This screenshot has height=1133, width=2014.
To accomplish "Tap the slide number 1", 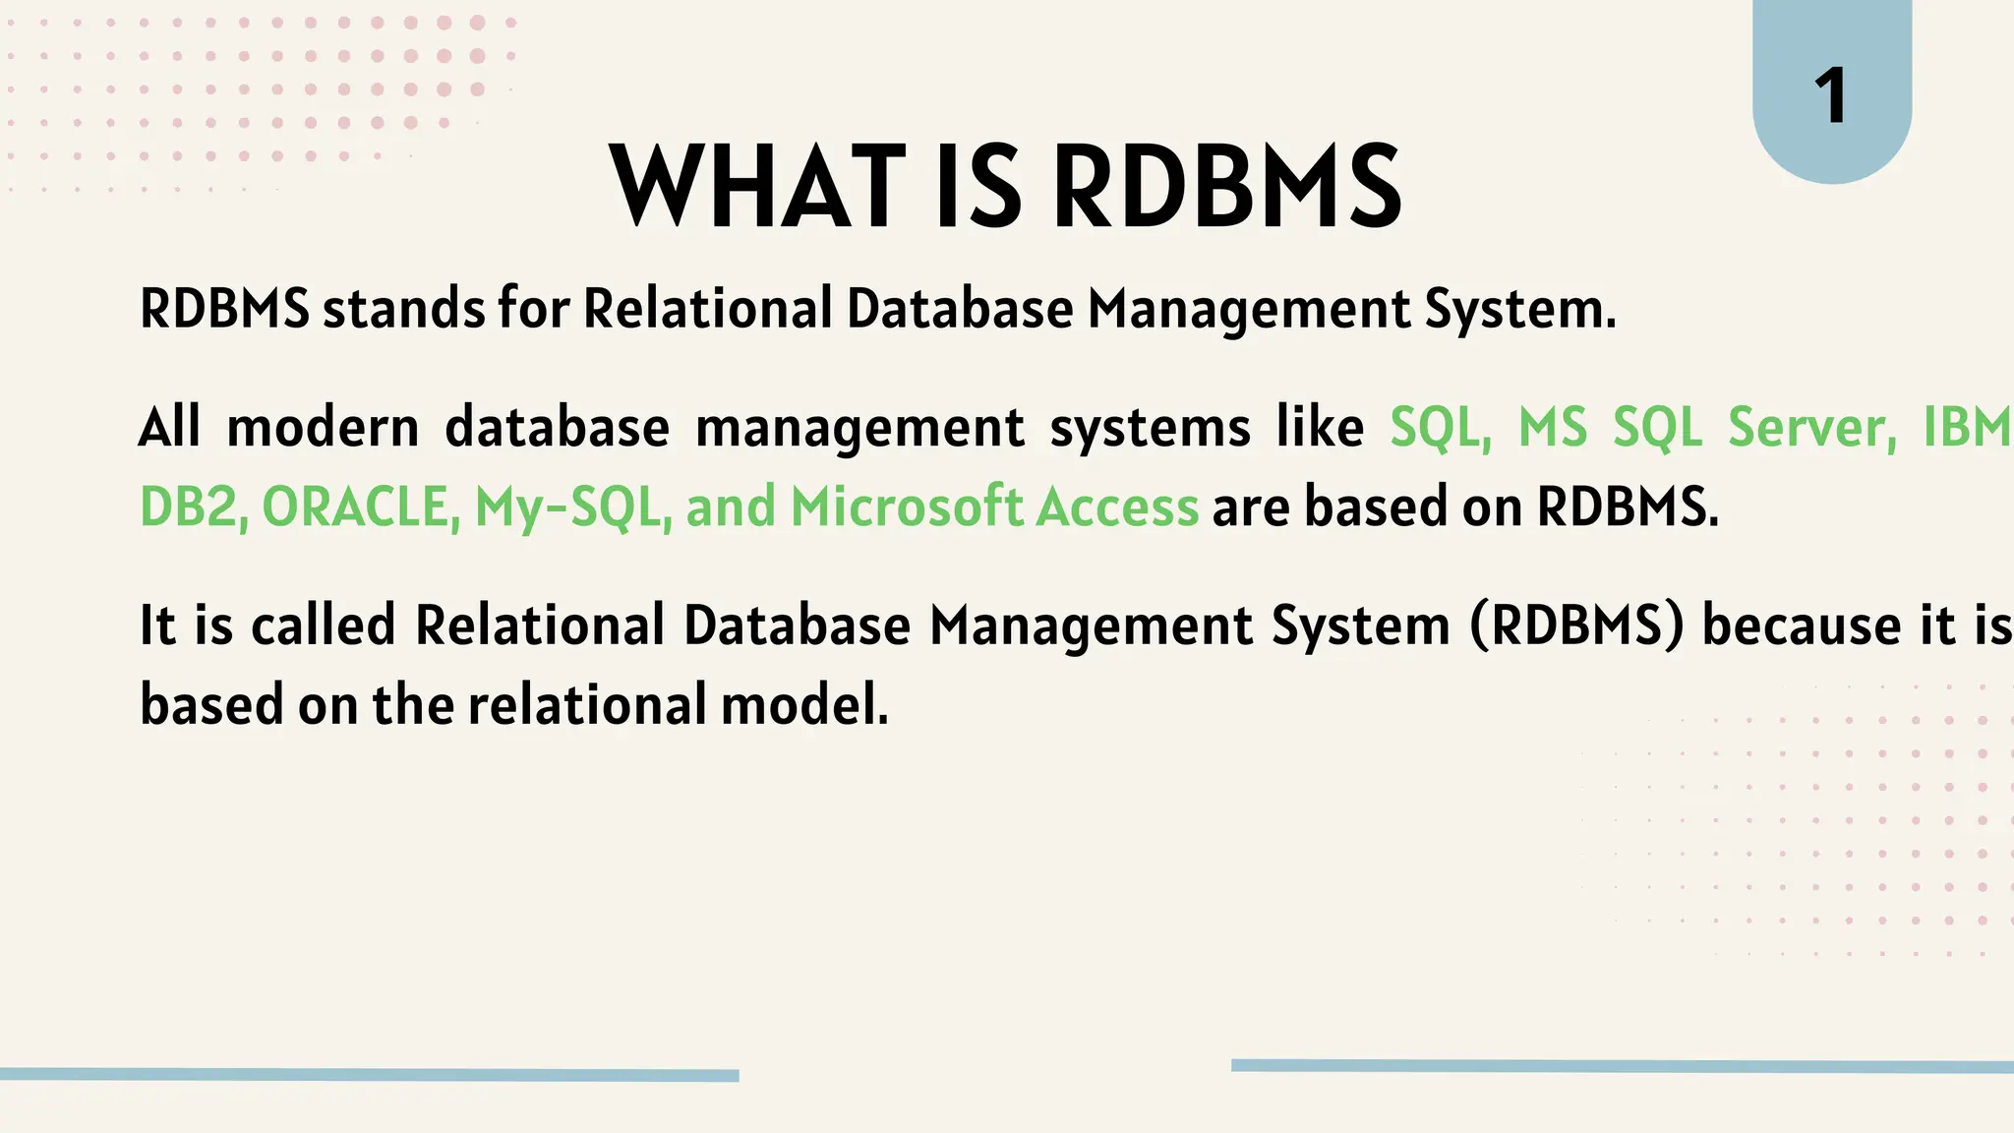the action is point(1830,96).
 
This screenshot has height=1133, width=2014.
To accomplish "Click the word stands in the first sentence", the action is point(403,309).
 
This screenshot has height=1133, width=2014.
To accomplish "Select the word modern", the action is point(323,428).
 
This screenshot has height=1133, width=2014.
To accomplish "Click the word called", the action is point(323,626).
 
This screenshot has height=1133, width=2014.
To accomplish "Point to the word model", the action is point(803,705).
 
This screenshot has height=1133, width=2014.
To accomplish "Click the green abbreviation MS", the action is point(1553,428).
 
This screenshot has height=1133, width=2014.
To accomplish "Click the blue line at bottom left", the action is point(369,1074).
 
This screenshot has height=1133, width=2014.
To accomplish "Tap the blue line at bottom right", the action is point(1623,1066).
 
